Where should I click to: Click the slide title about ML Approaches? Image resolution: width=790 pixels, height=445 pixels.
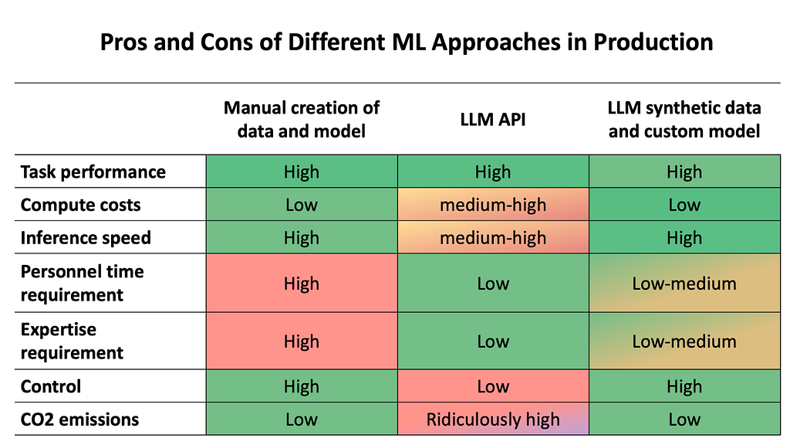407,42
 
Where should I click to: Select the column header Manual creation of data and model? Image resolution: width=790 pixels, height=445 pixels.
301,119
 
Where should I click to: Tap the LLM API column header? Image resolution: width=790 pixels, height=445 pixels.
492,119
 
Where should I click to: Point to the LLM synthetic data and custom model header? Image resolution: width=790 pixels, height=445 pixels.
684,119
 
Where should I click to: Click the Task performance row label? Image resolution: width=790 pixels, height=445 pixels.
93,172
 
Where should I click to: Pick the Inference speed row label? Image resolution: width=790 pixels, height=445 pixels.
86,238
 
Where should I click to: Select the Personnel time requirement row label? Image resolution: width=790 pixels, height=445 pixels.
82,283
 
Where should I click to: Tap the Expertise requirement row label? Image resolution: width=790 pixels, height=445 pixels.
72,341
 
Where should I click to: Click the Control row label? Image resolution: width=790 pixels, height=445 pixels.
51,386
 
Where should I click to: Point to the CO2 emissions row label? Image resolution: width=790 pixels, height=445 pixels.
79,420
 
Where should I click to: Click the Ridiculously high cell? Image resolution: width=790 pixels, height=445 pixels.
493,420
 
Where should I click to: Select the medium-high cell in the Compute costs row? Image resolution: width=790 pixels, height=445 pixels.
493,205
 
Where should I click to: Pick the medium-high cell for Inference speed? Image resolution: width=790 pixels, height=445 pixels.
493,238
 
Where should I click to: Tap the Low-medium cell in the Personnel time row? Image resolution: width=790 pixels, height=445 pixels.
684,284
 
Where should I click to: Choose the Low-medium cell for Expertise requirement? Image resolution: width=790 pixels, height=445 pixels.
684,341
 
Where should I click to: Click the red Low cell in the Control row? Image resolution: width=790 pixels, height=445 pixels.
493,386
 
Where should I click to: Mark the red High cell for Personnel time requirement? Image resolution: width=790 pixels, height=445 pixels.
302,284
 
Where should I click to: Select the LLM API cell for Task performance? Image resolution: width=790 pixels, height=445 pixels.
493,172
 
